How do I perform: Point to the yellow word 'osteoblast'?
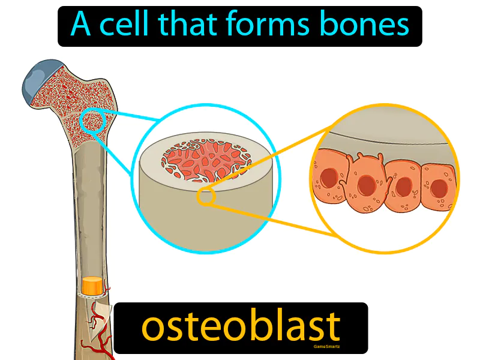pyautogui.click(x=241, y=327)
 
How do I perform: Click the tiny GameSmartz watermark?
pyautogui.click(x=326, y=346)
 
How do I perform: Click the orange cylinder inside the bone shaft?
pyautogui.click(x=92, y=286)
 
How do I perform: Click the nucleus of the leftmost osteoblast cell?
pyautogui.click(x=328, y=178)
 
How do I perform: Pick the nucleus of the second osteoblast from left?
pyautogui.click(x=365, y=185)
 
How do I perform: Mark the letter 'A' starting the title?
pyautogui.click(x=81, y=26)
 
